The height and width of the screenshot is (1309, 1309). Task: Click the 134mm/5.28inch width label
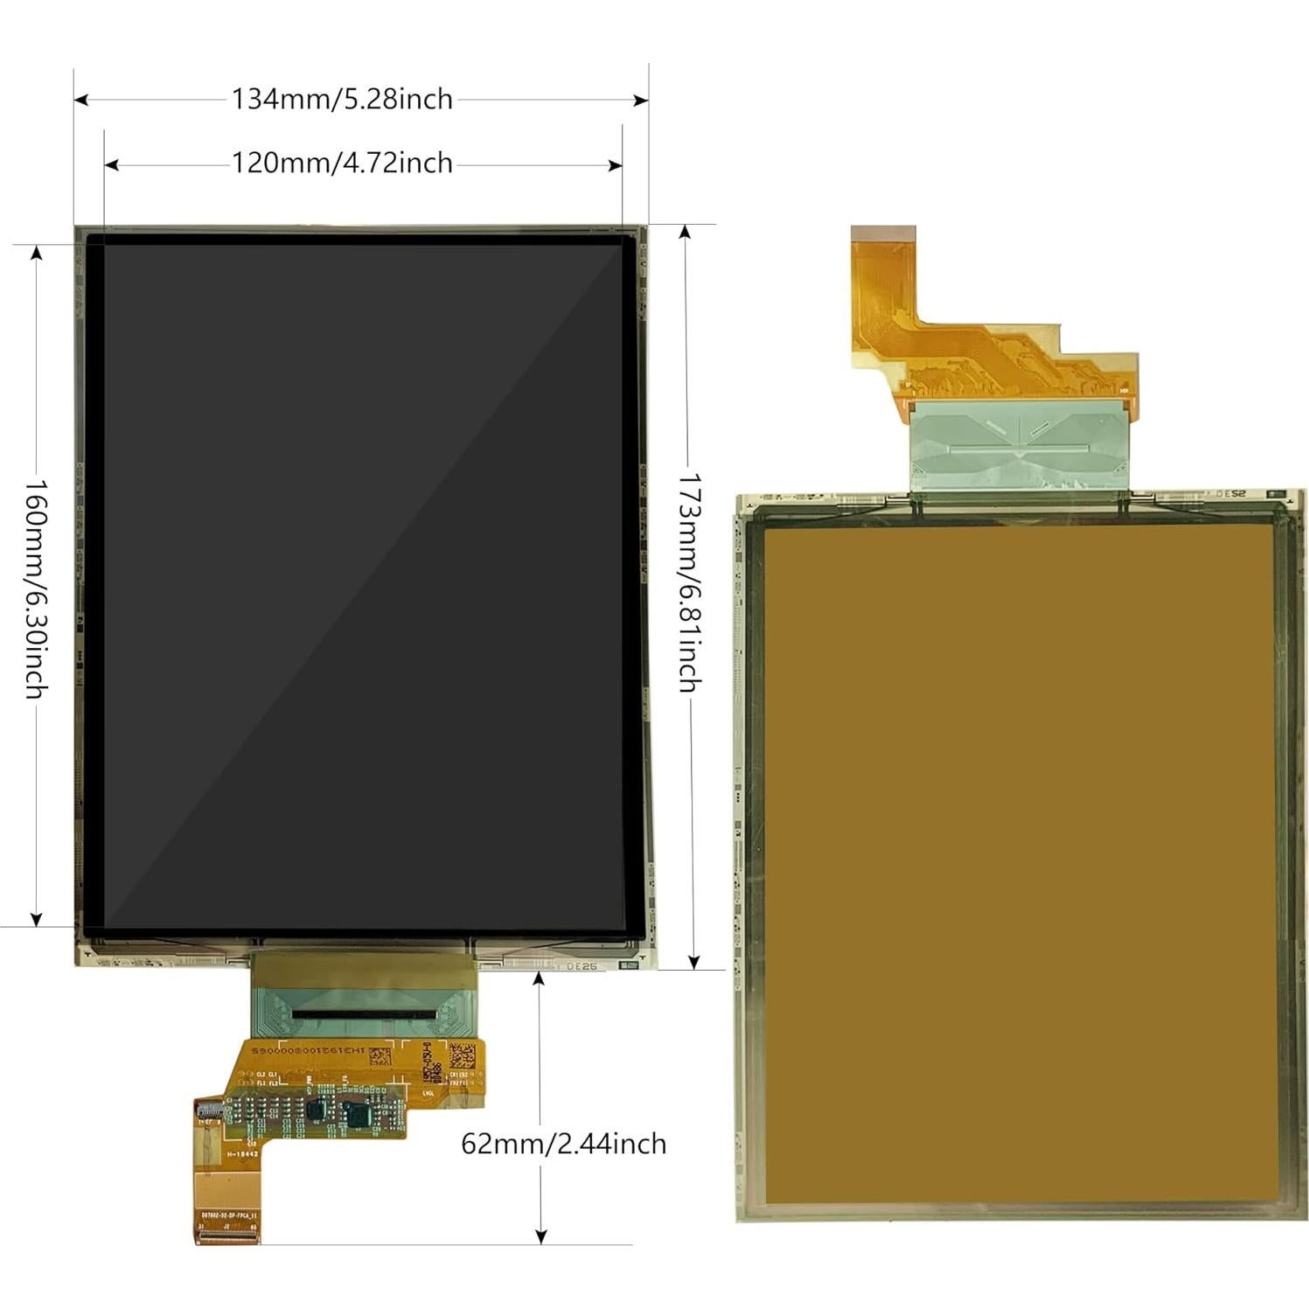[x=342, y=100]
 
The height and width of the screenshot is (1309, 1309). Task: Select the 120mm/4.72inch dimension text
[x=342, y=164]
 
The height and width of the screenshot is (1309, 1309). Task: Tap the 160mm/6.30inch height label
[x=35, y=588]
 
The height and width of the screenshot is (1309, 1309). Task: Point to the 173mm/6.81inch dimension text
[x=690, y=583]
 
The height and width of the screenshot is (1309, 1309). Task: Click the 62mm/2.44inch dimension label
[x=563, y=1144]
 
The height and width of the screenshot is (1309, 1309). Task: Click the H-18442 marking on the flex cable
[x=242, y=1154]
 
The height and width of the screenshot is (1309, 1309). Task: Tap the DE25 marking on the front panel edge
[x=581, y=966]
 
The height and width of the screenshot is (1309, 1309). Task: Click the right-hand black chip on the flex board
[x=358, y=1115]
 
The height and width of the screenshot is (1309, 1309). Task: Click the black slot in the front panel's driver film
[x=361, y=1013]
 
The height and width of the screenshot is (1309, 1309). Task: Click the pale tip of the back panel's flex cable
[x=882, y=233]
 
